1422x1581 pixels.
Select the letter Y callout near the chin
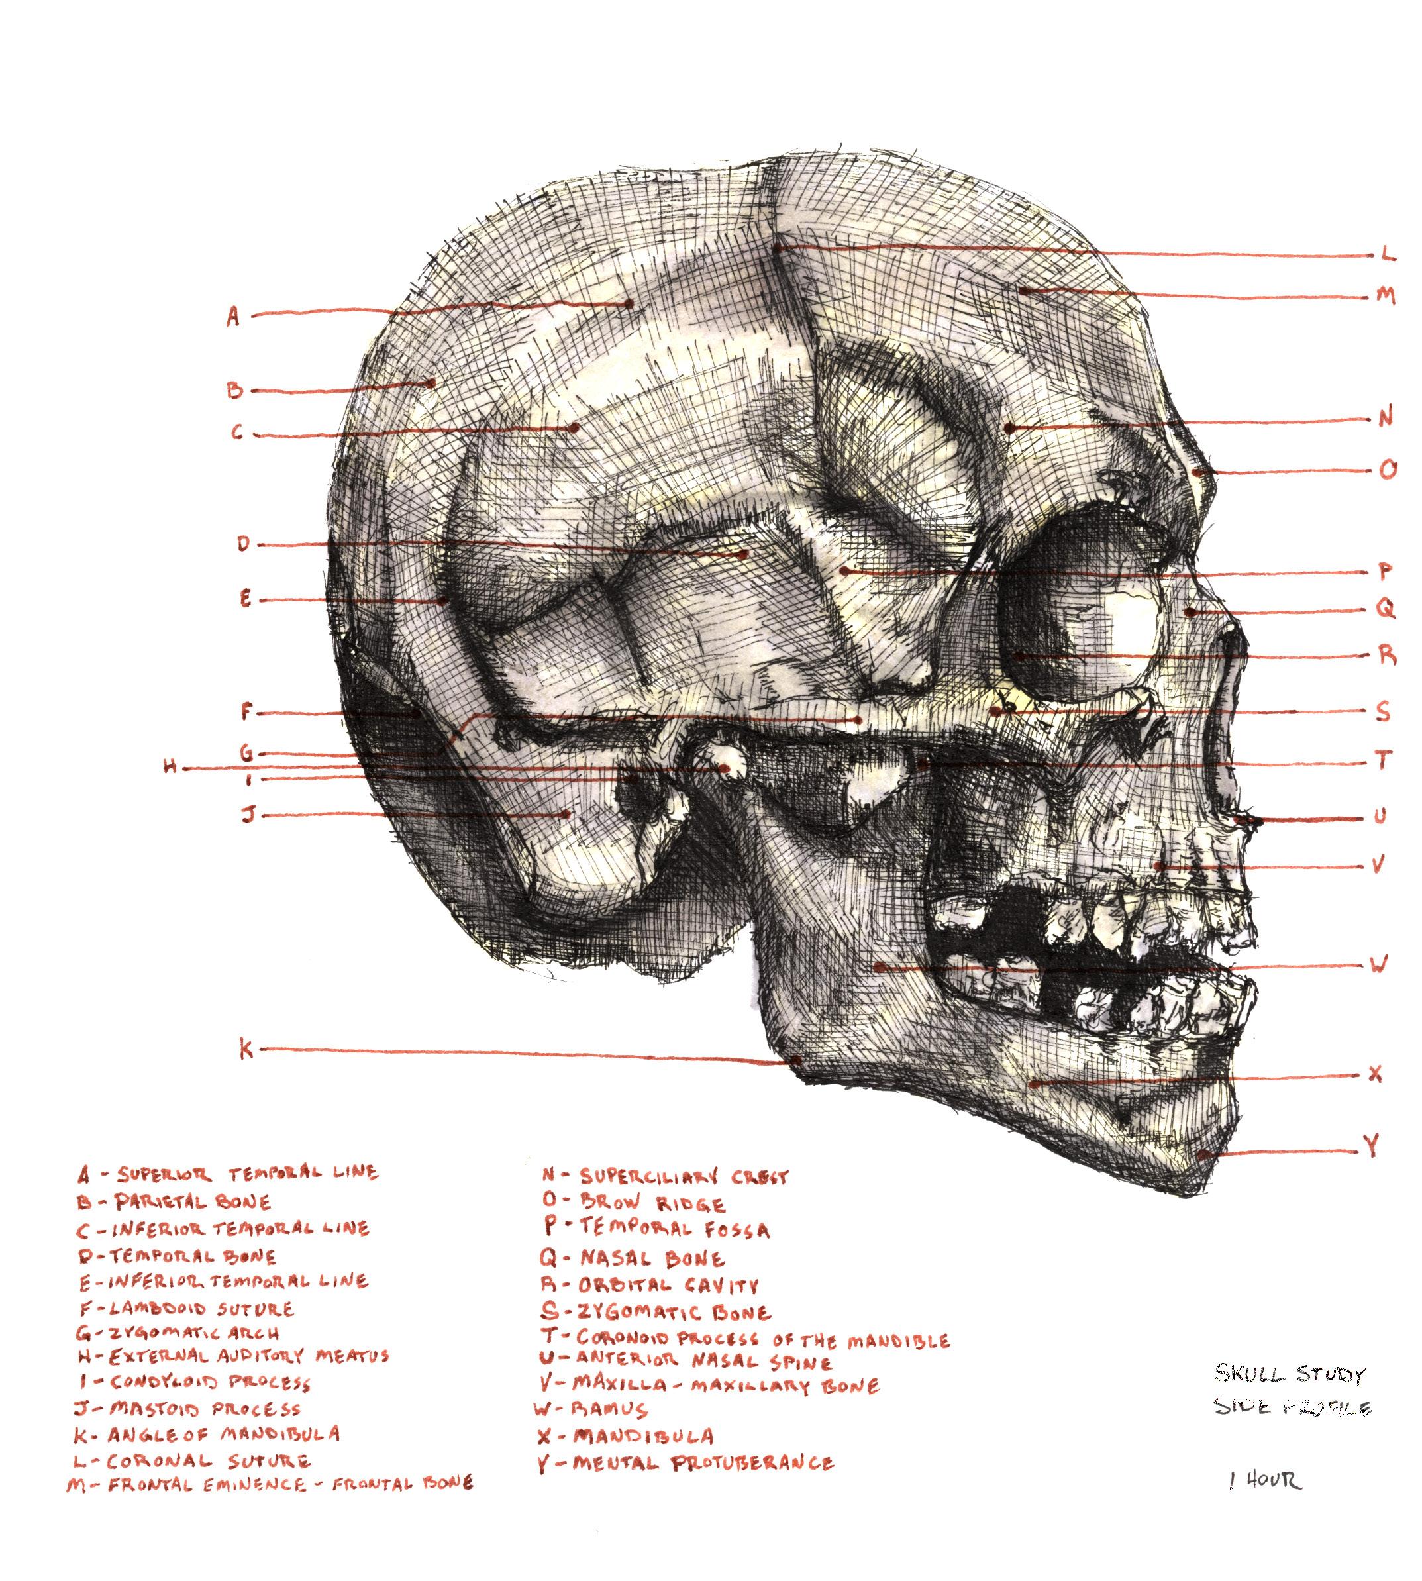[x=1371, y=1146]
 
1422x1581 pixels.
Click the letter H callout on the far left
[x=170, y=767]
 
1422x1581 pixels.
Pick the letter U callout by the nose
[x=1380, y=817]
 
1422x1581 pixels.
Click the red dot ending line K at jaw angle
[x=795, y=1060]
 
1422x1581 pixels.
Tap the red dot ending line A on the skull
[x=629, y=303]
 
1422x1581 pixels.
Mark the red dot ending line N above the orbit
[x=1009, y=428]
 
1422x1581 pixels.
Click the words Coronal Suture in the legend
[x=208, y=1462]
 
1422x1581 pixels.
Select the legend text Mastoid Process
[x=205, y=1410]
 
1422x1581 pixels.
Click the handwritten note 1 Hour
[x=1264, y=1480]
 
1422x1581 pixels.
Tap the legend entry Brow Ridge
[x=652, y=1205]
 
